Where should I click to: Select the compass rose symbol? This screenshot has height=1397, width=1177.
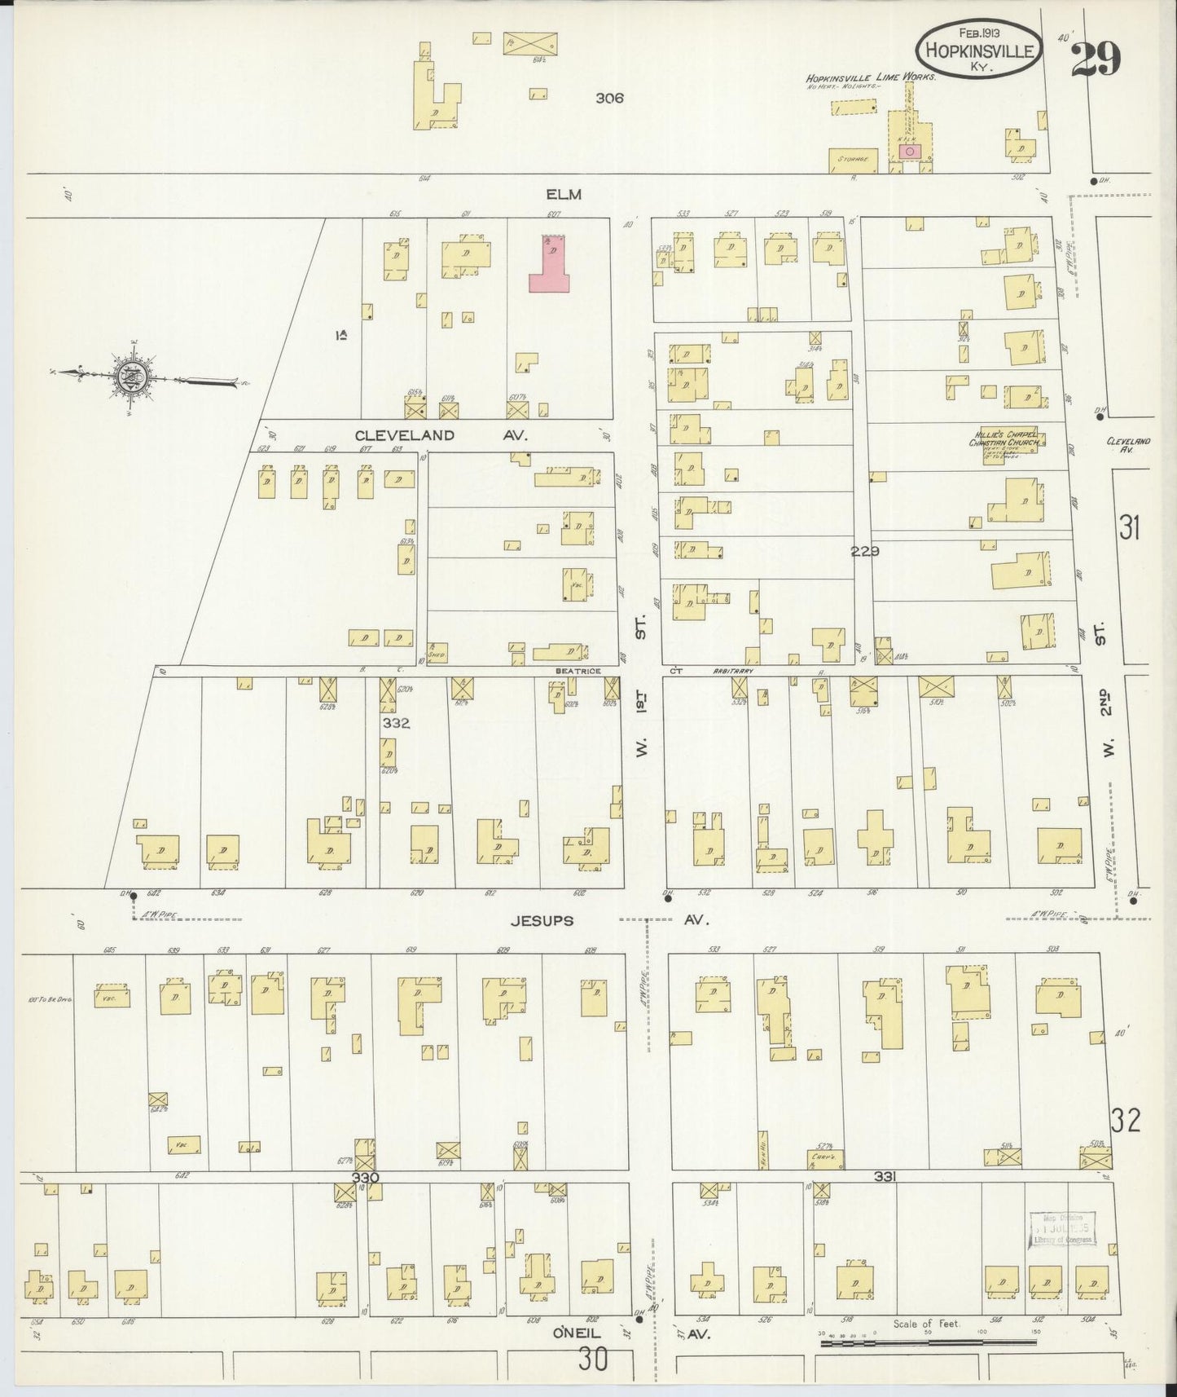pos(130,378)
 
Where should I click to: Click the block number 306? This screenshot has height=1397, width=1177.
pos(608,98)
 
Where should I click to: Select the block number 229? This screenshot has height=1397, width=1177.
pos(864,551)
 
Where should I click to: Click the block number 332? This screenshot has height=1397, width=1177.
pos(397,723)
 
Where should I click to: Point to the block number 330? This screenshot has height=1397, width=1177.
pos(367,1177)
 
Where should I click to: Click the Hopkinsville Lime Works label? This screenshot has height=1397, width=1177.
pos(871,76)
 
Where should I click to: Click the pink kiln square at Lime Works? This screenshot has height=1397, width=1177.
pos(911,151)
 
